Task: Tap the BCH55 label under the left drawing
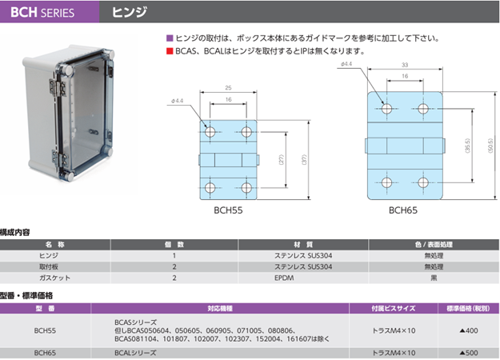pos(229,211)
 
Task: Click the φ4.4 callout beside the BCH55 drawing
pos(178,102)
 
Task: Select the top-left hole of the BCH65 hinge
pos(387,108)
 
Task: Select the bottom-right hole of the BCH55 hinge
pos(246,188)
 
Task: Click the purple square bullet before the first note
pos(168,38)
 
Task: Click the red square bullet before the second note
pos(168,51)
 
